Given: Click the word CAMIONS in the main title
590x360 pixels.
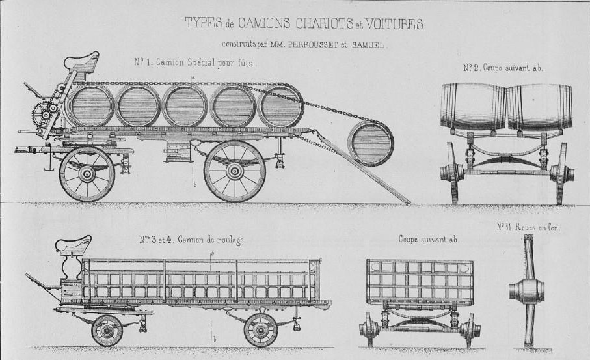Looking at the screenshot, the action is coord(264,23).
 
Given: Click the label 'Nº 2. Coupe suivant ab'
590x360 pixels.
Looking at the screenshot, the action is coord(503,68).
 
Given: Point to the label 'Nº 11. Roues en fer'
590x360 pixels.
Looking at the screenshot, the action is coord(528,227).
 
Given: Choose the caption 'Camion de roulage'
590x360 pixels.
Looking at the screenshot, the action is coord(210,240).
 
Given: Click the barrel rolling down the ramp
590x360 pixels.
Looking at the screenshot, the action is coord(371,143).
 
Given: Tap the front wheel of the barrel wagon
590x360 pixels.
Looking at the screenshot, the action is coord(87,174).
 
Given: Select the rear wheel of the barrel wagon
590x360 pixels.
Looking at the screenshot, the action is coord(234,171).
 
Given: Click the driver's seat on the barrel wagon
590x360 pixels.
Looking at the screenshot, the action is coord(82,62).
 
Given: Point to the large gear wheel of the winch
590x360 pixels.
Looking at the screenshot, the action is coord(42,113).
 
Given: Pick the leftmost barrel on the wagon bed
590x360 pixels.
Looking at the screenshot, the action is coord(90,105).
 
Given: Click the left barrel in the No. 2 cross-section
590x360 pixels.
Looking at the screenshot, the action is coord(474,106).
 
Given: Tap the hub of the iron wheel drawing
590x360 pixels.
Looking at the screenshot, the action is coord(527,290).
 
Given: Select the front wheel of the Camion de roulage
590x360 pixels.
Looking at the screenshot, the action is coord(107,331).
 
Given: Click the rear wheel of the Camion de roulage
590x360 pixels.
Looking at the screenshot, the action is coord(261,330).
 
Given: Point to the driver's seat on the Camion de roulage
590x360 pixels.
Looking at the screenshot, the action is coord(74,244).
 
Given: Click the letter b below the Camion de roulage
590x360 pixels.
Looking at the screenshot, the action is coord(215,340).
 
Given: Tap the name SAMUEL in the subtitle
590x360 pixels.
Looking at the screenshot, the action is coord(368,45).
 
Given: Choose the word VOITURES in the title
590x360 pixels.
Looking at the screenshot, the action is coord(394,23).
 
